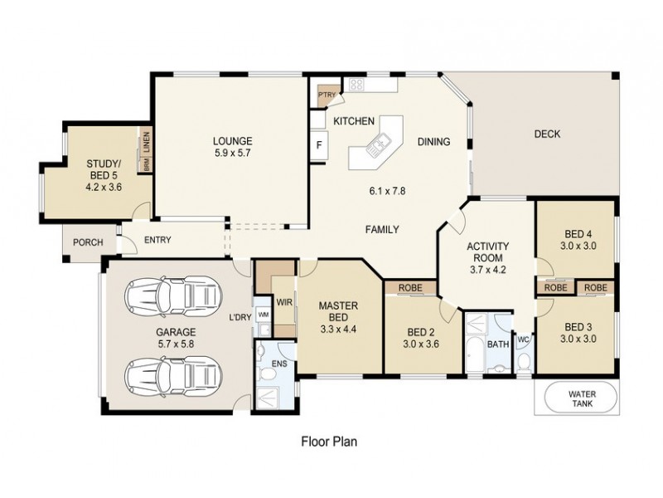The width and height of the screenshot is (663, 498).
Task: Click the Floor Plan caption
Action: tap(328, 442)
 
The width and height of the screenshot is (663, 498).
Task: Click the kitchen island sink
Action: tap(375, 147)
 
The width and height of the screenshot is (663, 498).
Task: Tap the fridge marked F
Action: tap(318, 145)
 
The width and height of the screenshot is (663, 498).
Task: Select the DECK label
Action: tap(547, 134)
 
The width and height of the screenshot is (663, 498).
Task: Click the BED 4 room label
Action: tap(578, 234)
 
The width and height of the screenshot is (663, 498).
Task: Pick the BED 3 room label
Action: tap(578, 326)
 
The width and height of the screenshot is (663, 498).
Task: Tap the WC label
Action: tap(523, 339)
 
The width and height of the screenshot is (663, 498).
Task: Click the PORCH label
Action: tap(89, 242)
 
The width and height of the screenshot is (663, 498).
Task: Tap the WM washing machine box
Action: tap(263, 315)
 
